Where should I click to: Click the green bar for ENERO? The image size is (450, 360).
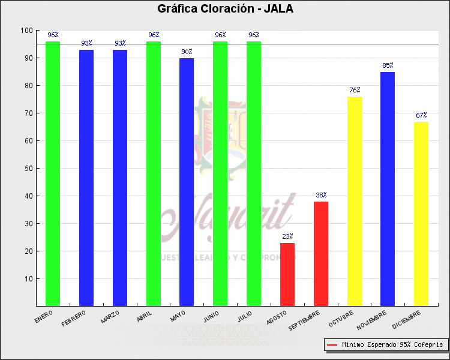coord(53,174)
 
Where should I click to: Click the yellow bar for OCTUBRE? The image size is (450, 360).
coord(355,202)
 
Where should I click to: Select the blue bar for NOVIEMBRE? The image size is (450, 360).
coord(388,189)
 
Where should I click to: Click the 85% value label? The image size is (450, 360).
coord(388,65)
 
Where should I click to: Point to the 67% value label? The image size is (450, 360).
coord(421,115)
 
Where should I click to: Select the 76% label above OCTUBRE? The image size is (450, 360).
coord(355,91)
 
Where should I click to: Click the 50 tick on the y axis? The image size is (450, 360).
coord(28,169)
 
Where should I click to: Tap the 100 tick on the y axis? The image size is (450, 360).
coord(26,31)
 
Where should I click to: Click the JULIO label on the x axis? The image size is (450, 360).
coord(245,316)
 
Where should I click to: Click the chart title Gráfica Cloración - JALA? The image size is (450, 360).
coord(225,9)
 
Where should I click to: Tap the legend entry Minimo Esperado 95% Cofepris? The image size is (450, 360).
coord(386,345)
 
